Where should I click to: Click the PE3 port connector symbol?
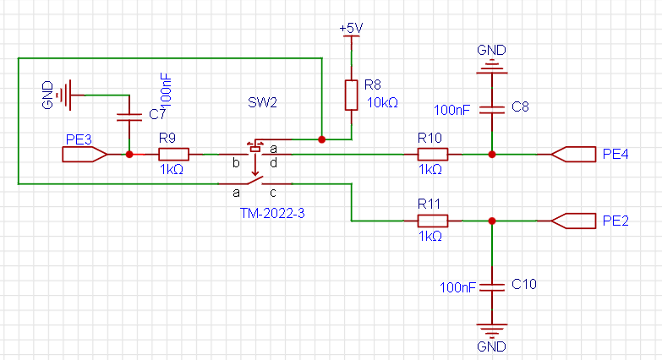(x=85, y=155)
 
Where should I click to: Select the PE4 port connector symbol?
(x=573, y=155)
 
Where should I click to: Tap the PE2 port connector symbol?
(x=573, y=221)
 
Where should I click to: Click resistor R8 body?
(x=351, y=95)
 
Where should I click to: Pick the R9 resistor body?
(x=173, y=155)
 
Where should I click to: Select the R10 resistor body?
(x=432, y=155)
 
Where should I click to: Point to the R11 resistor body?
(x=432, y=221)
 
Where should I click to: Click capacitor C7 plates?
(x=129, y=117)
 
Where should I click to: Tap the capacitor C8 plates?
(x=492, y=110)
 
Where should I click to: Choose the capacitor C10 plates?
(x=492, y=287)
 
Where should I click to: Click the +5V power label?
(x=351, y=28)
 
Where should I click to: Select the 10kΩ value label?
(x=382, y=102)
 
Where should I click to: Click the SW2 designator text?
(x=262, y=102)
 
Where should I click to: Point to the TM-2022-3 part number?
(x=272, y=213)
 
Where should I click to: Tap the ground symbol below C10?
(x=492, y=330)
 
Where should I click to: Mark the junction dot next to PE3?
(x=129, y=155)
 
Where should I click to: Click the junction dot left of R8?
(x=322, y=139)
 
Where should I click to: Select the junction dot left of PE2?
(x=492, y=221)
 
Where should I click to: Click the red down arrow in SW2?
(x=254, y=166)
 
